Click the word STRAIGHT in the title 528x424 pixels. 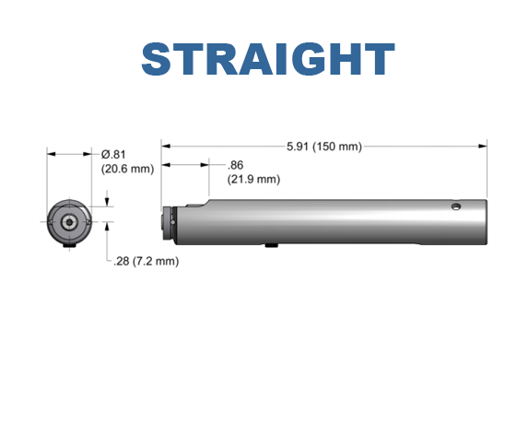click(267, 59)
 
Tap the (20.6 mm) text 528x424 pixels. click(127, 168)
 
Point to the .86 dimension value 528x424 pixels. click(235, 165)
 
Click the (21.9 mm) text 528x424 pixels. click(252, 179)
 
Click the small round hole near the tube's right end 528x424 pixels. click(454, 206)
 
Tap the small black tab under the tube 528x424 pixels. click(271, 245)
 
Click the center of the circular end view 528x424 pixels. click(68, 221)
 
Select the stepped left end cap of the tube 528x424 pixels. click(169, 221)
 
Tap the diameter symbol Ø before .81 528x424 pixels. click(105, 154)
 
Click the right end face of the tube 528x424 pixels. click(485, 221)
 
